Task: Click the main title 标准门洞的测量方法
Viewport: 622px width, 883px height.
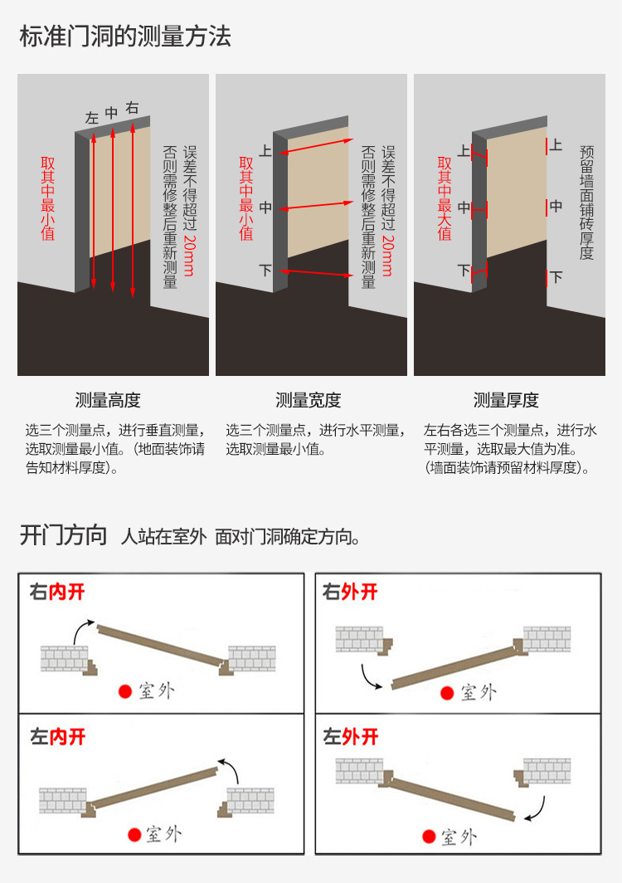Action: tap(125, 36)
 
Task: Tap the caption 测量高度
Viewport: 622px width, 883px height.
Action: tap(108, 400)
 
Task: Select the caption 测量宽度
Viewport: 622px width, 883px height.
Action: tap(309, 400)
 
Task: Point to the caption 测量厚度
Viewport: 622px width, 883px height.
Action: tap(506, 400)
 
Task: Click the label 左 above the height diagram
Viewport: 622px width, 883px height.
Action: tap(92, 118)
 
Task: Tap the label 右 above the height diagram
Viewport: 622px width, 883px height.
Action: tap(133, 108)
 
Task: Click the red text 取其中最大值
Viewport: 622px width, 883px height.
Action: tap(445, 198)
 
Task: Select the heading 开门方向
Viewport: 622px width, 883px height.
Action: tap(63, 535)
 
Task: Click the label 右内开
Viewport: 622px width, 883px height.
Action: tap(57, 592)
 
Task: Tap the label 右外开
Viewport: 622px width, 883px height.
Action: tap(350, 592)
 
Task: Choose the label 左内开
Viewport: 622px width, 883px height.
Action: tap(58, 737)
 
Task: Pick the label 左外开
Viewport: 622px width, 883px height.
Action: tap(351, 737)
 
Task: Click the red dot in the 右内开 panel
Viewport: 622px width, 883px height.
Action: tap(125, 691)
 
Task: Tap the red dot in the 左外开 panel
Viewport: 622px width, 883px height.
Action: tap(430, 837)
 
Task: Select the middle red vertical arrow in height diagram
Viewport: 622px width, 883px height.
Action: tap(113, 209)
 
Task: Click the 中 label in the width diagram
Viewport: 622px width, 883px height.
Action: tap(265, 207)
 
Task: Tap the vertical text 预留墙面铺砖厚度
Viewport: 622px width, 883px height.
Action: tap(586, 202)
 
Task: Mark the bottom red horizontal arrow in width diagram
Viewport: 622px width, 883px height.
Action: tap(316, 273)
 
